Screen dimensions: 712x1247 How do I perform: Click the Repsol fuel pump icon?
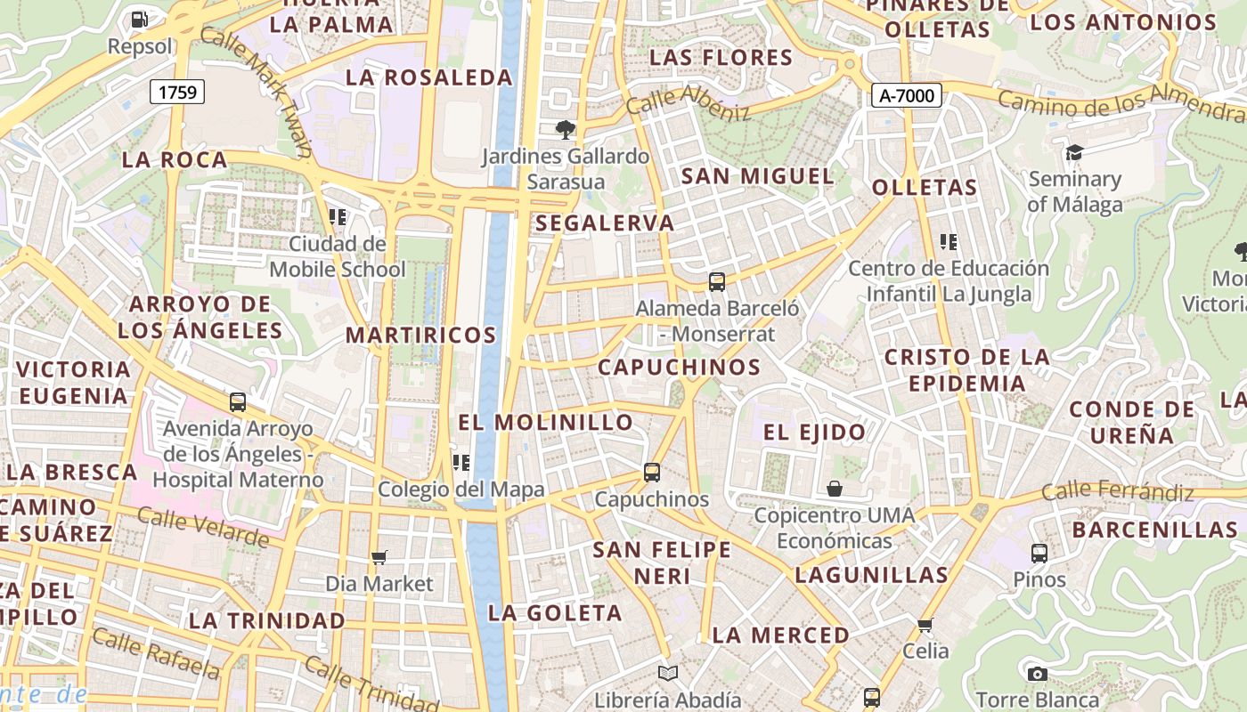pos(139,19)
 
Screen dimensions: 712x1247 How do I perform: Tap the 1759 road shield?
pos(177,92)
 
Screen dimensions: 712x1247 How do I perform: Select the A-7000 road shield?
pos(906,95)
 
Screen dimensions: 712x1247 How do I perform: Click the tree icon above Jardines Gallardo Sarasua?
pos(565,130)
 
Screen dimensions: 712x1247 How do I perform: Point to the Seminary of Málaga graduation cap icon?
pos(1074,152)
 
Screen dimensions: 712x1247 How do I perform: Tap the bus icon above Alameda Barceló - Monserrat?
pos(717,282)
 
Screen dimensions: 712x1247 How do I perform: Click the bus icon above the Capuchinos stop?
pos(652,473)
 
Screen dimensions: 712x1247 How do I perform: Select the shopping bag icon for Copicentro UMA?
pos(835,489)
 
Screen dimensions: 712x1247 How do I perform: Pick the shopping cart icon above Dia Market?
pos(379,558)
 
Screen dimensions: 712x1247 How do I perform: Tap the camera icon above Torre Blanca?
pos(1037,674)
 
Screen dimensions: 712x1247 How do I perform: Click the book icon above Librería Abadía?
pos(667,674)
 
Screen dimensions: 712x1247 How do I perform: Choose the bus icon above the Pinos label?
pos(1039,553)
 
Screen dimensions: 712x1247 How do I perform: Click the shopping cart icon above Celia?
pos(925,625)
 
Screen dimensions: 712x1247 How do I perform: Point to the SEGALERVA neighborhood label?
pos(606,223)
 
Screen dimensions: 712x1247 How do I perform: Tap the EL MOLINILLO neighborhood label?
pos(545,422)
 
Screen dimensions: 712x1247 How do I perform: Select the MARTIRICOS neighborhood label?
pos(420,336)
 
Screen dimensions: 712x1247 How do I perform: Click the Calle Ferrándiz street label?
pos(1117,490)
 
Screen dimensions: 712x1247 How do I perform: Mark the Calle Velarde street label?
pos(203,528)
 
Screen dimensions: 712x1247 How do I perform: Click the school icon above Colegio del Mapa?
pos(460,462)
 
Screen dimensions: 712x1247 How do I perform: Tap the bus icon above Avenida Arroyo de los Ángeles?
pos(237,402)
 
